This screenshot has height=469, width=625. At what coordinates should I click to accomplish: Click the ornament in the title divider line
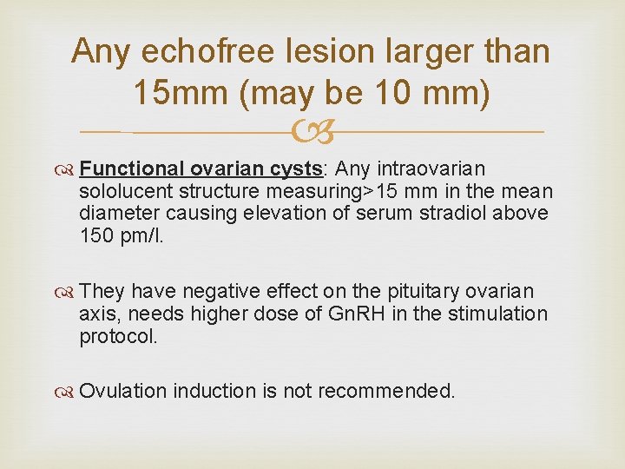(x=312, y=133)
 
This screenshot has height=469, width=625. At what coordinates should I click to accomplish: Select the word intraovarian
(x=432, y=168)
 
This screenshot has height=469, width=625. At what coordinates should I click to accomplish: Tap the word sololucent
(x=121, y=190)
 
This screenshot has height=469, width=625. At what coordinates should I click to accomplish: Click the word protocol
(x=118, y=336)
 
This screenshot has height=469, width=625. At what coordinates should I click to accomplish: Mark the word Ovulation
(x=122, y=392)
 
